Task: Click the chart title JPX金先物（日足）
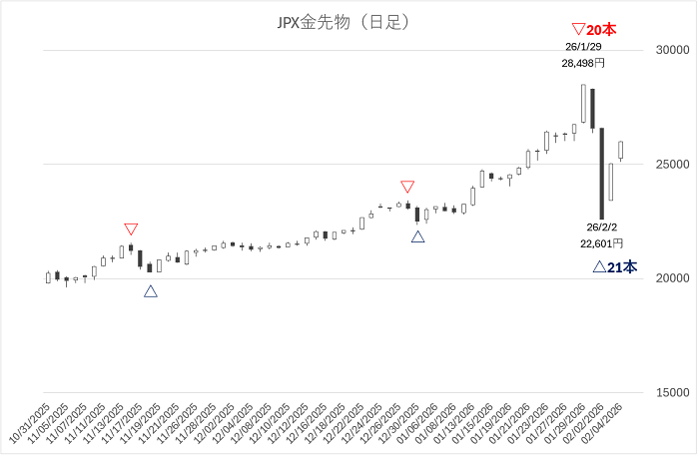coord(344,20)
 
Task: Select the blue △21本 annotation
coord(614,267)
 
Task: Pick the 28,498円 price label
coord(583,63)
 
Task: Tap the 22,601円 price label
coord(601,242)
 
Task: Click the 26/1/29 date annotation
coord(583,47)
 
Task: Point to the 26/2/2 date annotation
coord(600,227)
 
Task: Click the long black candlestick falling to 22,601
coord(602,174)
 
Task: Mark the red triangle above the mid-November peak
coord(131,229)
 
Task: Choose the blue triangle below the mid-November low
coord(150,291)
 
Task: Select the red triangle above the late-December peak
coord(407,187)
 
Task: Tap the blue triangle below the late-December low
coord(417,236)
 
